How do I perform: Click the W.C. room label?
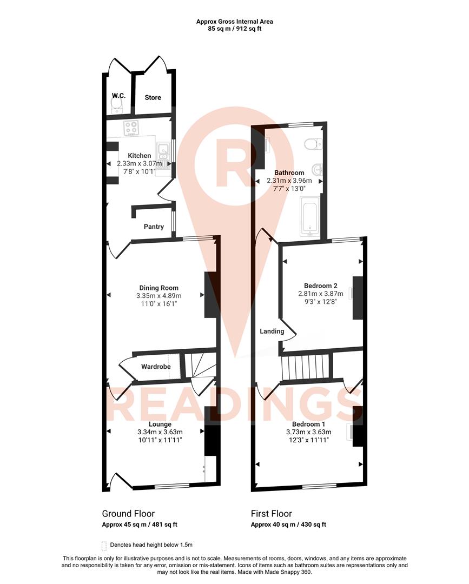point(118,96)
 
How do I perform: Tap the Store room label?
point(153,98)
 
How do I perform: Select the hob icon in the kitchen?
point(131,128)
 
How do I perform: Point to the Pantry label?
point(154,227)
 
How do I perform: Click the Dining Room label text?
point(158,288)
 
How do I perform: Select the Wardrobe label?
point(156,367)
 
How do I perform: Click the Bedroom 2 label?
point(321,286)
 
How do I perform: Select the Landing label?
point(272,331)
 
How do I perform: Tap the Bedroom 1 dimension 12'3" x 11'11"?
point(308,440)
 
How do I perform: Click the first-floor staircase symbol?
point(305,367)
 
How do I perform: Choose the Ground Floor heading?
point(128,514)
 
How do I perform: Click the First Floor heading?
point(271,514)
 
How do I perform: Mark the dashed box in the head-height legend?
point(104,545)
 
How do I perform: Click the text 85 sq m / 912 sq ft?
point(234,29)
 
